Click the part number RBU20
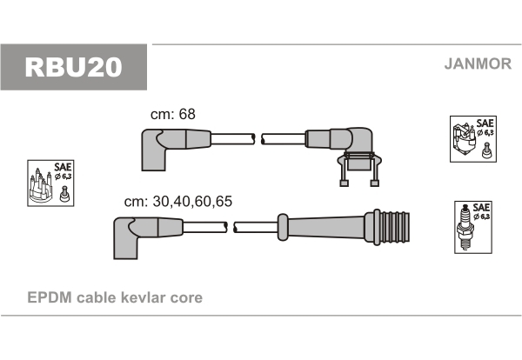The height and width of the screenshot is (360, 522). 74,68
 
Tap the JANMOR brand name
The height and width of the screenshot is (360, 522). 478,63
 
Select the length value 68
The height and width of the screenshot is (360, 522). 187,114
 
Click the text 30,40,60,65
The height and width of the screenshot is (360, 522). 192,202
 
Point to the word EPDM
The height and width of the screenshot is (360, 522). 50,297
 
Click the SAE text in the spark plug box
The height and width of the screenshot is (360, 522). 481,208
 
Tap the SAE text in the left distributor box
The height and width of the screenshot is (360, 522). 63,166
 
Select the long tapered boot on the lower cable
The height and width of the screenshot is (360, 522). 326,227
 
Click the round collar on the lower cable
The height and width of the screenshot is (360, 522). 282,227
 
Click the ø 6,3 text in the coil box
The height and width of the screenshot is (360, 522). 485,133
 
